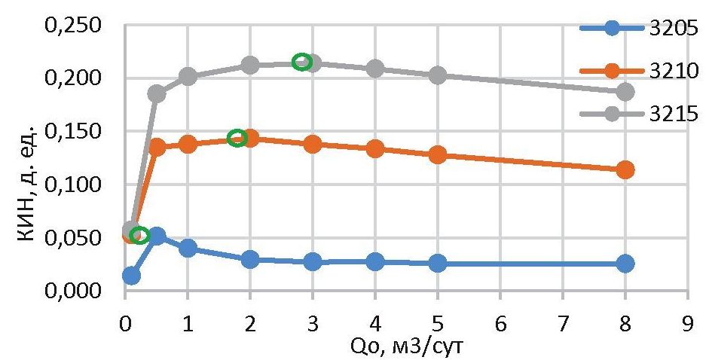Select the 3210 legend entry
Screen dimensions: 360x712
pyautogui.click(x=665, y=71)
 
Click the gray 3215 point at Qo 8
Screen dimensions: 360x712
pyautogui.click(x=625, y=92)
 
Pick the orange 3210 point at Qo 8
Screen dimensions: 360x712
pyautogui.click(x=625, y=169)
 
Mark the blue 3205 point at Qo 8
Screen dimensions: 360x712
pyautogui.click(x=625, y=264)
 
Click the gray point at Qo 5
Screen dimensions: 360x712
pyautogui.click(x=438, y=75)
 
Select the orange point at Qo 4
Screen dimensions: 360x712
pyautogui.click(x=375, y=148)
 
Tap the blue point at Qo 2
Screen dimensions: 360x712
pyautogui.click(x=250, y=260)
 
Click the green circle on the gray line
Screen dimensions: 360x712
pyautogui.click(x=301, y=62)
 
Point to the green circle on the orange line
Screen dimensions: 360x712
pyautogui.click(x=237, y=138)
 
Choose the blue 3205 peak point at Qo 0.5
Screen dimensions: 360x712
pyautogui.click(x=157, y=236)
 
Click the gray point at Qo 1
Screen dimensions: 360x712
pyautogui.click(x=188, y=76)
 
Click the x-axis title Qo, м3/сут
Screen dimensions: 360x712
pyautogui.click(x=406, y=346)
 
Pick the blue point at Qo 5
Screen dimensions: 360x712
pyautogui.click(x=438, y=264)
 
